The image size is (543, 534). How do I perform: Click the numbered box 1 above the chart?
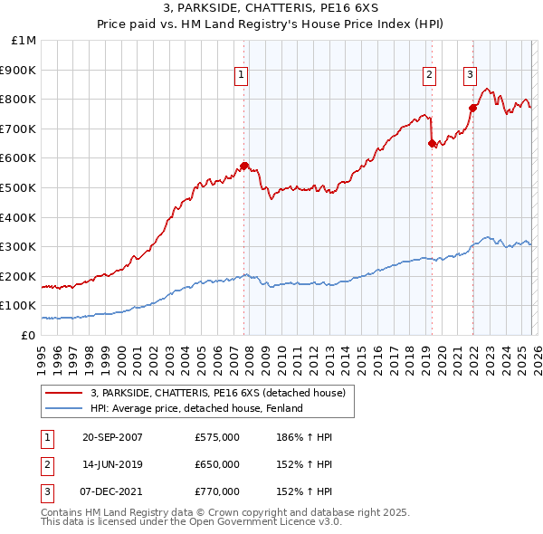point(243,76)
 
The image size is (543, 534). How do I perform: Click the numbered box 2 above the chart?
point(429,76)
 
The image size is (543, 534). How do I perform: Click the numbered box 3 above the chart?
point(471,76)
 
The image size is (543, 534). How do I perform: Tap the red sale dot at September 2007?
point(244,166)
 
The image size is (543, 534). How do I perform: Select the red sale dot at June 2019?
point(432,143)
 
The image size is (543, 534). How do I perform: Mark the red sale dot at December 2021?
point(472,108)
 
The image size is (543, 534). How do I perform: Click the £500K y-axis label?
point(20,188)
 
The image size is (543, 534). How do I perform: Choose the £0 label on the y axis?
point(27,335)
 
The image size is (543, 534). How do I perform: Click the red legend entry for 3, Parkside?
point(217,393)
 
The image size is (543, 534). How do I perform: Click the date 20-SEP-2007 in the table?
point(112,437)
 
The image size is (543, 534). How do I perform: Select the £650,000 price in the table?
point(217,464)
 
